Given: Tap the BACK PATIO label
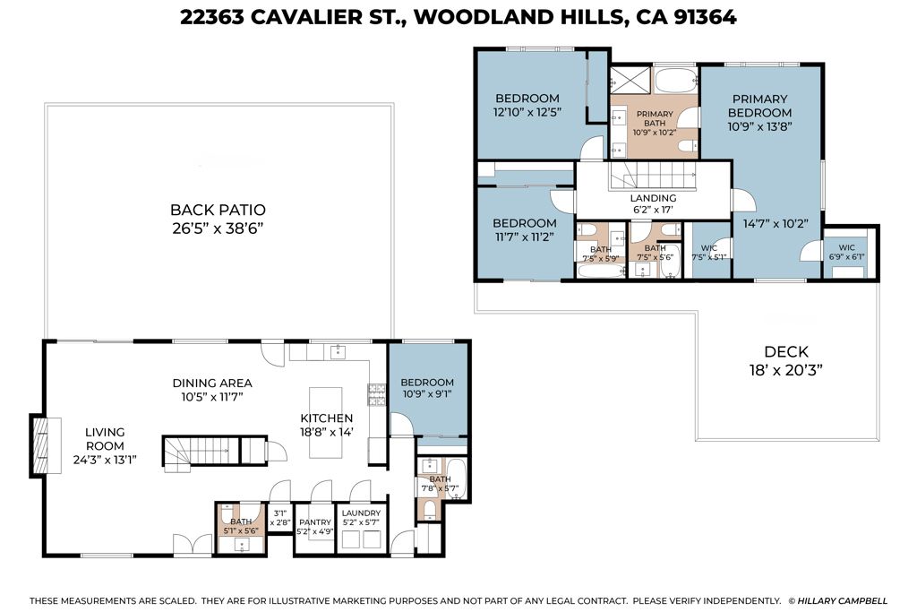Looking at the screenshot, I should pos(218,210).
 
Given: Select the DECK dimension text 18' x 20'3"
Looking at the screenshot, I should pos(785,369).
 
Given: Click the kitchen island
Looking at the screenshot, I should pos(326,422).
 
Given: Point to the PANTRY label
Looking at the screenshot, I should pos(313,513).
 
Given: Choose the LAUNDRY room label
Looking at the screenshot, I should pos(361,513).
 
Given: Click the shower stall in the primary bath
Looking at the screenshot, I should pos(630,82).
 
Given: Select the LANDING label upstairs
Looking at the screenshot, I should pos(653,198).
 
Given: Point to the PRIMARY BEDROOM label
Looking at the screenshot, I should pos(759,106).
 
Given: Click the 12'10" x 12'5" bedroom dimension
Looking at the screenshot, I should pos(527,113).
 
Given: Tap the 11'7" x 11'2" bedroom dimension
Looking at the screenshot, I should pos(524,237).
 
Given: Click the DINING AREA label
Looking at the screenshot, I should pos(211,383).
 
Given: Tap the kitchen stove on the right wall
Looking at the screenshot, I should pos(377,395).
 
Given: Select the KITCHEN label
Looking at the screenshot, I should pos(326,418).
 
